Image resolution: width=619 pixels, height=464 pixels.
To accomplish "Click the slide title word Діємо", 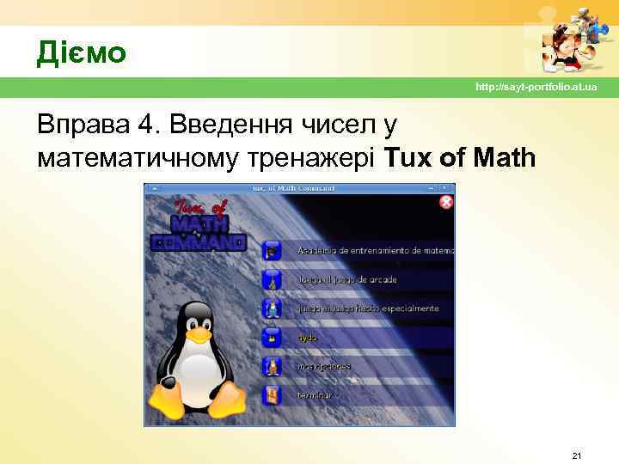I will [81, 53].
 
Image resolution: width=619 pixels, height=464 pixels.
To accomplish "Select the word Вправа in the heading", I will [82, 126].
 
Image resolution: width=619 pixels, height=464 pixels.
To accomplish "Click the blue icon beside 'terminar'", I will [272, 395].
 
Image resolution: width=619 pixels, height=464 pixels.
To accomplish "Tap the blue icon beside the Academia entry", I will [272, 251].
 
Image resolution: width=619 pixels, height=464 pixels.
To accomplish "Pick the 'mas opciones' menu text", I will [324, 366].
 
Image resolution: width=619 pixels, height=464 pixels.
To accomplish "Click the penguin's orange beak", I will [199, 332].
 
